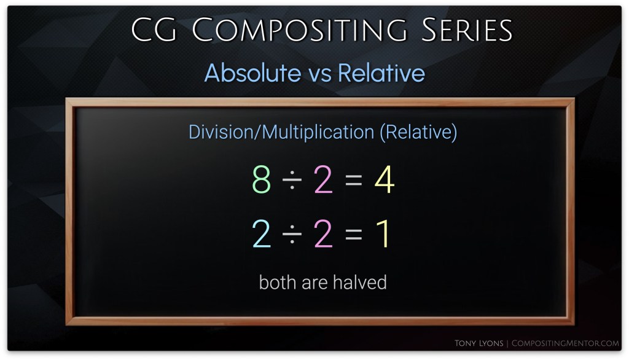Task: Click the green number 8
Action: (x=262, y=179)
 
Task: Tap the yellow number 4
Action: (x=385, y=179)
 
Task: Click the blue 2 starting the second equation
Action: (x=261, y=233)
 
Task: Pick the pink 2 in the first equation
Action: (x=323, y=179)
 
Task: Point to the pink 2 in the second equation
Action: (x=323, y=233)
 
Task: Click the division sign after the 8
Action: (x=292, y=180)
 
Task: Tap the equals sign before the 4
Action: (x=353, y=180)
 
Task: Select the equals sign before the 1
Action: (x=353, y=234)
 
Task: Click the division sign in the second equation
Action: (x=292, y=234)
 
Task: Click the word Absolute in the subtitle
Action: (x=252, y=72)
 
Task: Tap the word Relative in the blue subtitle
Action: (x=381, y=72)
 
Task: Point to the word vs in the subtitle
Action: (x=319, y=75)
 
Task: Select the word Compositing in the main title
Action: (x=299, y=29)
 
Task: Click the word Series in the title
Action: (x=467, y=29)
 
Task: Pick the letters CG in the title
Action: (x=154, y=29)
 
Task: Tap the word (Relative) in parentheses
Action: (x=418, y=132)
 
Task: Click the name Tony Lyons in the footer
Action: (x=479, y=343)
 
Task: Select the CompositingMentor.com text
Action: (x=565, y=343)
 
